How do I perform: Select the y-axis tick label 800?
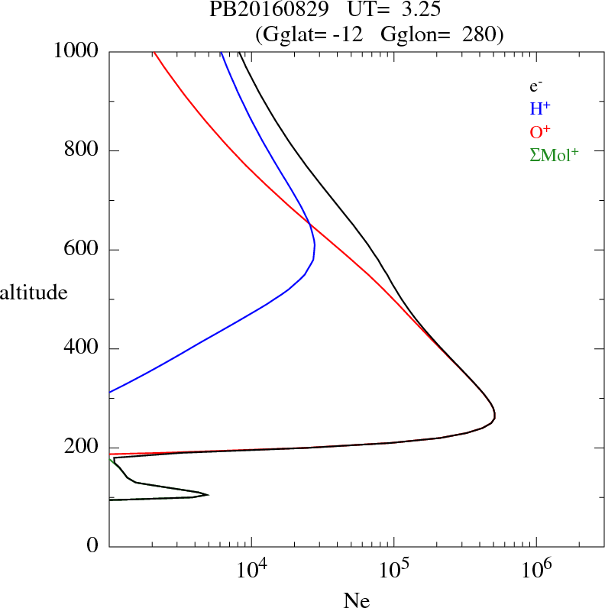coord(82,150)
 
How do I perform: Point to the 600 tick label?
coord(82,250)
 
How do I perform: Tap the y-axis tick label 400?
coord(82,349)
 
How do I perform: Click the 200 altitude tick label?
coord(82,448)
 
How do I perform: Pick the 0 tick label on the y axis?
coord(92,547)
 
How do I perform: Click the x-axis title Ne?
coord(355,600)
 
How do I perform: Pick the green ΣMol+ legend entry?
coord(554,154)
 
